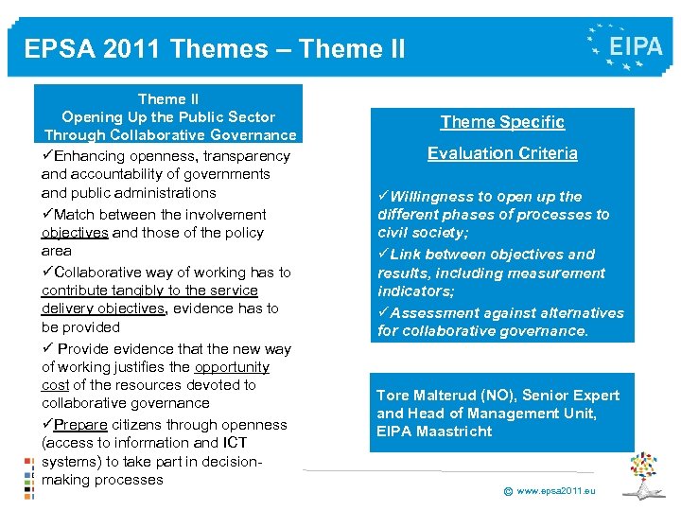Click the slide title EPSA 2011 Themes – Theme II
[215, 48]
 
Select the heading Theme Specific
[502, 122]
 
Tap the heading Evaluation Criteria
[502, 153]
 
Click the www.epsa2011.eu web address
[557, 491]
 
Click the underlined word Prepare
[80, 425]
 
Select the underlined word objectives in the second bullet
[75, 233]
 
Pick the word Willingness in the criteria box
[435, 197]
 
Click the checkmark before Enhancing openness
[47, 156]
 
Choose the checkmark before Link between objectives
[383, 255]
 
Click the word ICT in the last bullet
[234, 443]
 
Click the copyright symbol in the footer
[507, 492]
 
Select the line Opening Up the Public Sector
[168, 117]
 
